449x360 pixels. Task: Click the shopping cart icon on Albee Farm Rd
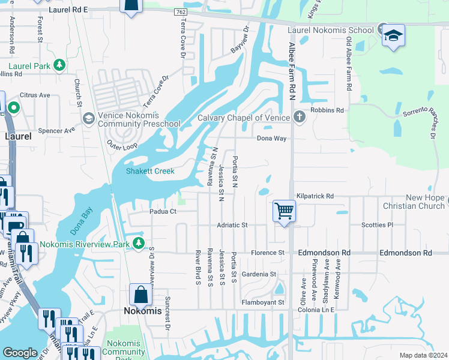click(285, 211)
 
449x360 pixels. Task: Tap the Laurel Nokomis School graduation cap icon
click(393, 35)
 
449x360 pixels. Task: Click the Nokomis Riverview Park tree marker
click(139, 242)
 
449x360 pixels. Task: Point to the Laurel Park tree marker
click(59, 65)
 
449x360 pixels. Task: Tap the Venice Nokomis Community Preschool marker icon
click(88, 118)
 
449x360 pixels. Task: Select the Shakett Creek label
click(150, 171)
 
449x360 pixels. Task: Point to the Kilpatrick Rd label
click(315, 196)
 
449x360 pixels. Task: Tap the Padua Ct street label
click(163, 211)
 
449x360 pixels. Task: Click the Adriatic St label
click(232, 225)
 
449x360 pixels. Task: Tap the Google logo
click(20, 353)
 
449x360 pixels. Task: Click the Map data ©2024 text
click(423, 355)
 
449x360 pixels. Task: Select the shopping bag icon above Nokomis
click(140, 295)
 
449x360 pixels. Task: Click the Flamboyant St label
click(262, 302)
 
